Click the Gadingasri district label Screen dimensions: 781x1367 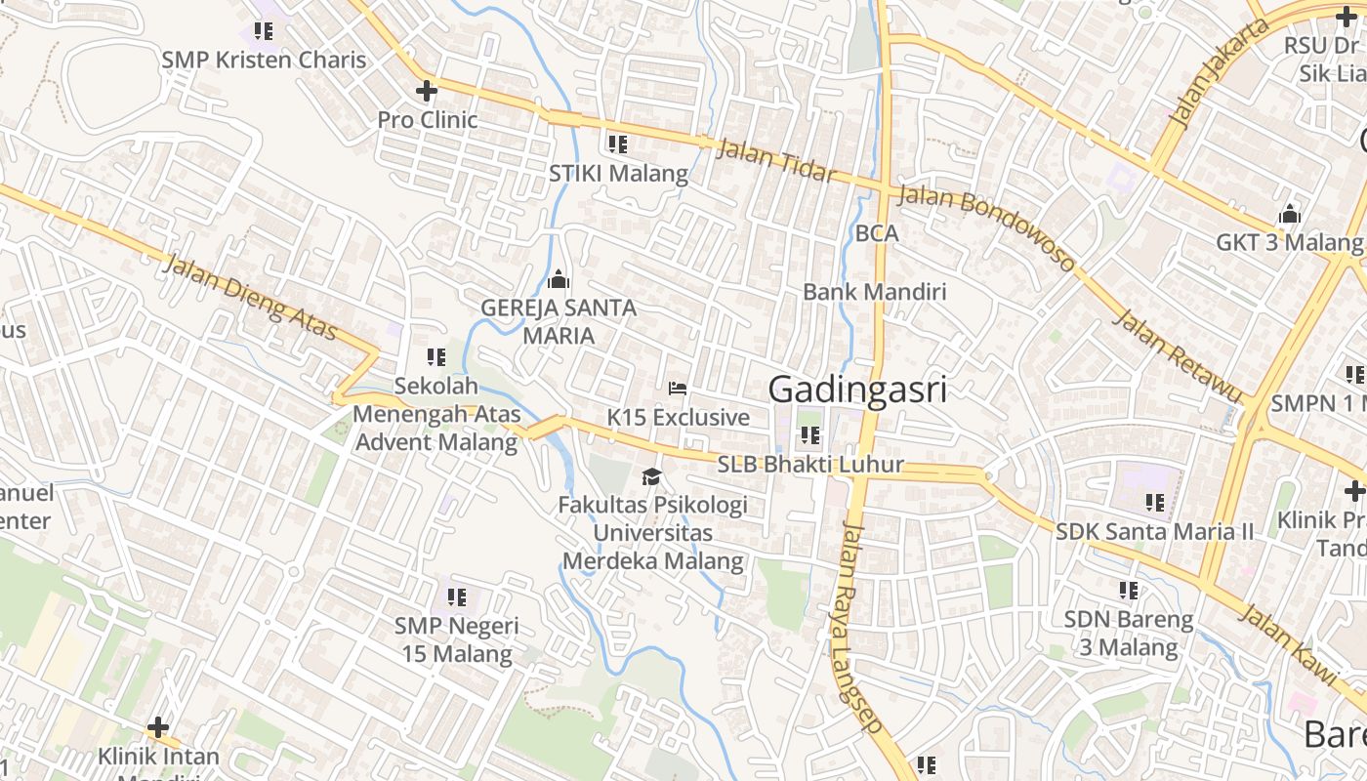tap(857, 390)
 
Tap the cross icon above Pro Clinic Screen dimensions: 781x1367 tap(426, 91)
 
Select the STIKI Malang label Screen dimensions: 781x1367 tap(618, 174)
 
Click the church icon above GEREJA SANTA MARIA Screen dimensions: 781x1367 tap(559, 280)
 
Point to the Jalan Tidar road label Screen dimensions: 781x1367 tap(776, 161)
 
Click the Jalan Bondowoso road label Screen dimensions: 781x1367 tap(986, 227)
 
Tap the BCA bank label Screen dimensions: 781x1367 tap(876, 233)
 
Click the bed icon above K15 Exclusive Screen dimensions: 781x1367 tap(678, 389)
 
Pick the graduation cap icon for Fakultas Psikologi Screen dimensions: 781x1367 tap(651, 476)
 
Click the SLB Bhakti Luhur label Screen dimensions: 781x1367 tap(810, 465)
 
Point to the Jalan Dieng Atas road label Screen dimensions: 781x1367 tap(251, 298)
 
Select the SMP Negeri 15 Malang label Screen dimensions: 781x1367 tap(456, 639)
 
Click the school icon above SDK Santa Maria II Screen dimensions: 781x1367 tap(1155, 503)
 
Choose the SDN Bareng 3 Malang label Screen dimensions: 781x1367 tap(1128, 634)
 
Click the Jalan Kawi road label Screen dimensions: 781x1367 tap(1288, 643)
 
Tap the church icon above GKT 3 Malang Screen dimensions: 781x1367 tap(1290, 214)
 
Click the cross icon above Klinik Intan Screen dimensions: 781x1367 tap(158, 728)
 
